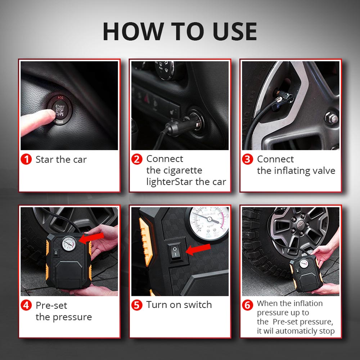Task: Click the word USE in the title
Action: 235,31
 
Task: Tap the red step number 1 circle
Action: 26,159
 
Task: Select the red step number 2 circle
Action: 137,159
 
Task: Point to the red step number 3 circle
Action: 248,159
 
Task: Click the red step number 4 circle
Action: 26,305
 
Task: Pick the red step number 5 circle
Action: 137,305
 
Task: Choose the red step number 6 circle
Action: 248,305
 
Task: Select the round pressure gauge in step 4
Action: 69,243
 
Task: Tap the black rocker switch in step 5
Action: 175,252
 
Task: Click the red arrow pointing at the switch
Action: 198,249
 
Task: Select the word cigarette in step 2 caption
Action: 174,171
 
